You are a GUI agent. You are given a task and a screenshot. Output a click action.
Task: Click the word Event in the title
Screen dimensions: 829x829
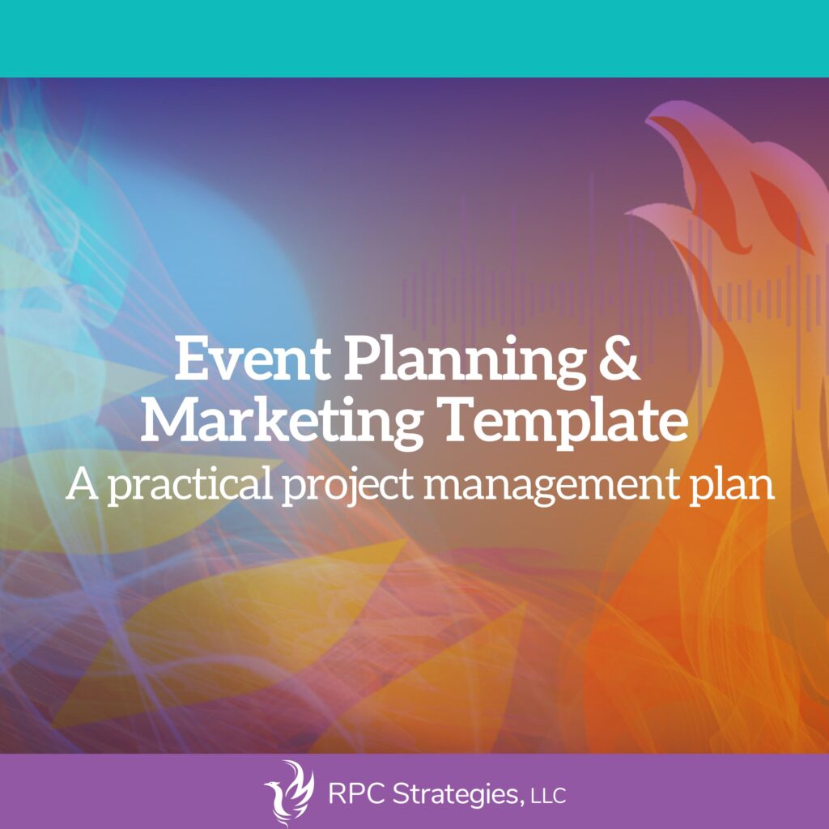point(253,359)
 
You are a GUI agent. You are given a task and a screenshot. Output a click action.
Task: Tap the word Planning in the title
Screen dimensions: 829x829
point(466,365)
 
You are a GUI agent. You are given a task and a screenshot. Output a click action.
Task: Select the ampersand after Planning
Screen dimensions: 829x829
point(619,358)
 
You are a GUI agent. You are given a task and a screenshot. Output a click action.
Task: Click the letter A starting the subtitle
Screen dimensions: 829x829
point(83,484)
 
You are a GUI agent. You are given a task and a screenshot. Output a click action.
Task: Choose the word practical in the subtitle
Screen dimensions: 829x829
point(190,487)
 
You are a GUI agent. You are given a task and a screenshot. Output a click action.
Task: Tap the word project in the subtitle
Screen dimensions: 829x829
point(348,487)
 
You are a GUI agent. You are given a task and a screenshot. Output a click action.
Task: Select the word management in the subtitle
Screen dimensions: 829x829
point(551,487)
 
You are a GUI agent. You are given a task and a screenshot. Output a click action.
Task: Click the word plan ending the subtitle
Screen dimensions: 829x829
point(732,487)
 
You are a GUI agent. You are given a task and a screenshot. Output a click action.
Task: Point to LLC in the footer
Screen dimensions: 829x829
point(548,796)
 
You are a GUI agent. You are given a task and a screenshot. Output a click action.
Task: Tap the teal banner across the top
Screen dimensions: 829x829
point(414,39)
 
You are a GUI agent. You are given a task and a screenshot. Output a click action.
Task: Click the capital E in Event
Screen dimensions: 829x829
point(191,359)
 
